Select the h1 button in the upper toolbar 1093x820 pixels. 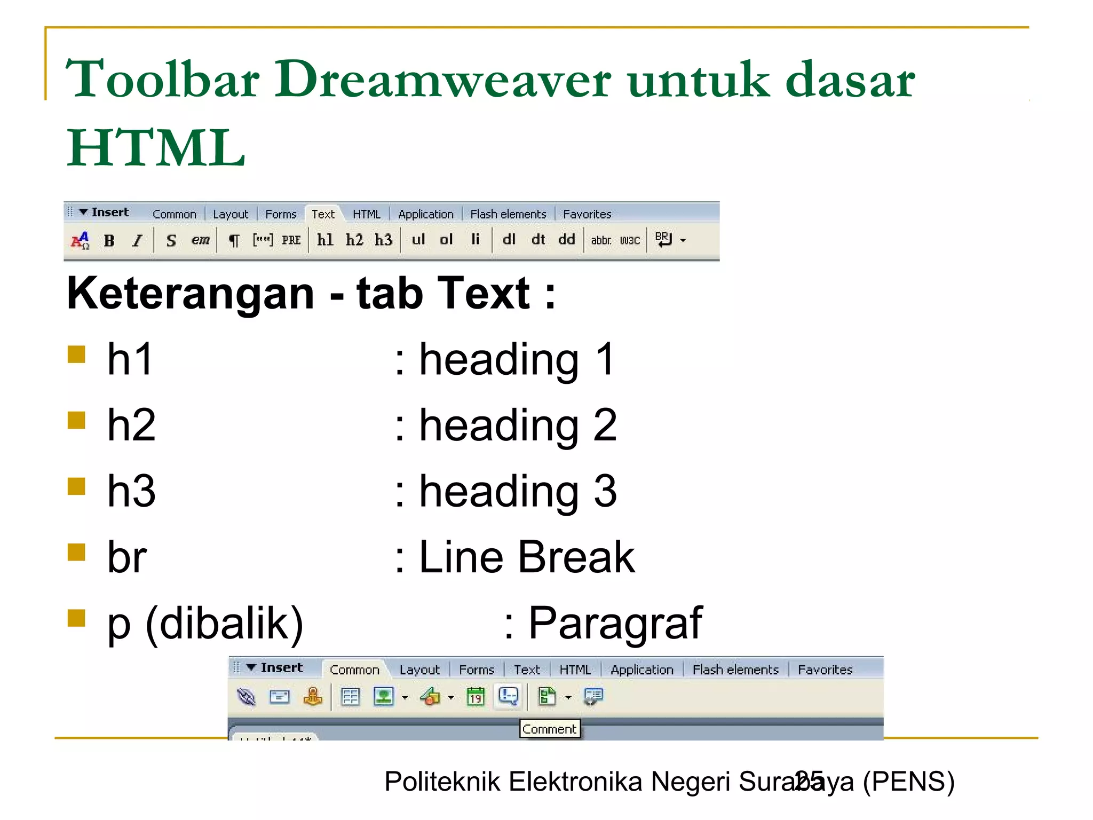[325, 240]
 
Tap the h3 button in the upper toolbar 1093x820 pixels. [383, 240]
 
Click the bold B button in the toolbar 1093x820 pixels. [109, 241]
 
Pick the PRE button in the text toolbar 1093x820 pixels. [291, 240]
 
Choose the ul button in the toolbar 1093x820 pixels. [418, 240]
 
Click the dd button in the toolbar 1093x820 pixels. [566, 240]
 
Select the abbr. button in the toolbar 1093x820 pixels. [601, 241]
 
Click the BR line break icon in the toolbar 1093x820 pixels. [663, 240]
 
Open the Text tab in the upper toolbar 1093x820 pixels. [323, 214]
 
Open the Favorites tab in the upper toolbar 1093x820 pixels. [587, 214]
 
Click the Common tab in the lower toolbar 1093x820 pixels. [354, 669]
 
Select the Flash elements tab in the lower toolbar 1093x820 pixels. [735, 669]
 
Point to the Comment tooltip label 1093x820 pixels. [549, 729]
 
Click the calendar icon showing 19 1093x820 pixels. [476, 697]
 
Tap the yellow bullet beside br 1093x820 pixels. [77, 553]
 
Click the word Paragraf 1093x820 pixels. [615, 623]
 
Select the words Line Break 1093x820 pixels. [527, 557]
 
